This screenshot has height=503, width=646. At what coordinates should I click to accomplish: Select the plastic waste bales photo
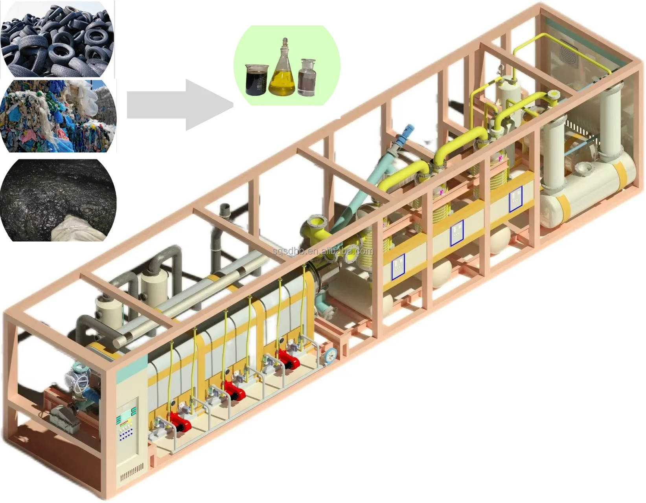(x=58, y=116)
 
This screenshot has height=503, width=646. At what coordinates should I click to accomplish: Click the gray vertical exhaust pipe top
(x=225, y=210)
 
